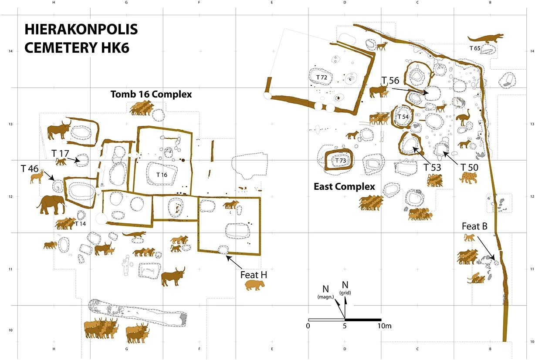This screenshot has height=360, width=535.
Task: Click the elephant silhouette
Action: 51,204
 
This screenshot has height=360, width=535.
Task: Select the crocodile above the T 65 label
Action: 485,37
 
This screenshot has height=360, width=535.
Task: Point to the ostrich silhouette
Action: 463,119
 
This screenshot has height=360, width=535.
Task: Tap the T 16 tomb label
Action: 162,174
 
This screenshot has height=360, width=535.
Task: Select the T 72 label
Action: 322,77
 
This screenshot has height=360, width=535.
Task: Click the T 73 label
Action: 340,161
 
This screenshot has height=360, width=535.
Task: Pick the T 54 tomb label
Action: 403,117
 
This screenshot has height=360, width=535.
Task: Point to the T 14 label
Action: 80,224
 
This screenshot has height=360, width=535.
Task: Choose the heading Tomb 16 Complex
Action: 151,94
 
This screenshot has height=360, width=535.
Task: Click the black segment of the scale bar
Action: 363,320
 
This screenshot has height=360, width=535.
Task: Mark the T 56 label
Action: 390,81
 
